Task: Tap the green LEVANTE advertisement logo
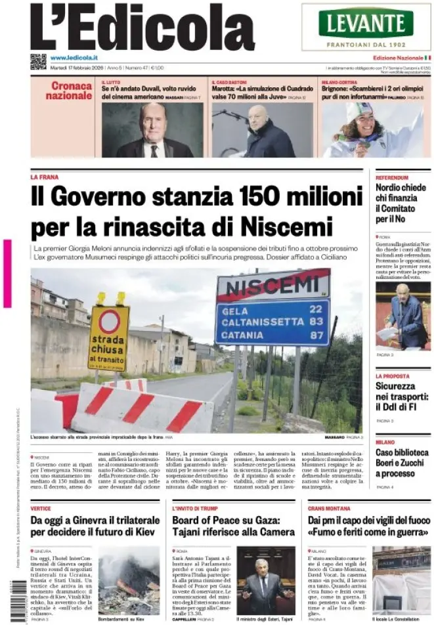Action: [366, 24]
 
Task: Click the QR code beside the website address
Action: [38, 62]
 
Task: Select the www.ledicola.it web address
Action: [74, 58]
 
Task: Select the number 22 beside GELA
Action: [315, 309]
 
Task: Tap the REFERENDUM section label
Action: [392, 177]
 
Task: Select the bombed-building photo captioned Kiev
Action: [129, 580]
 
